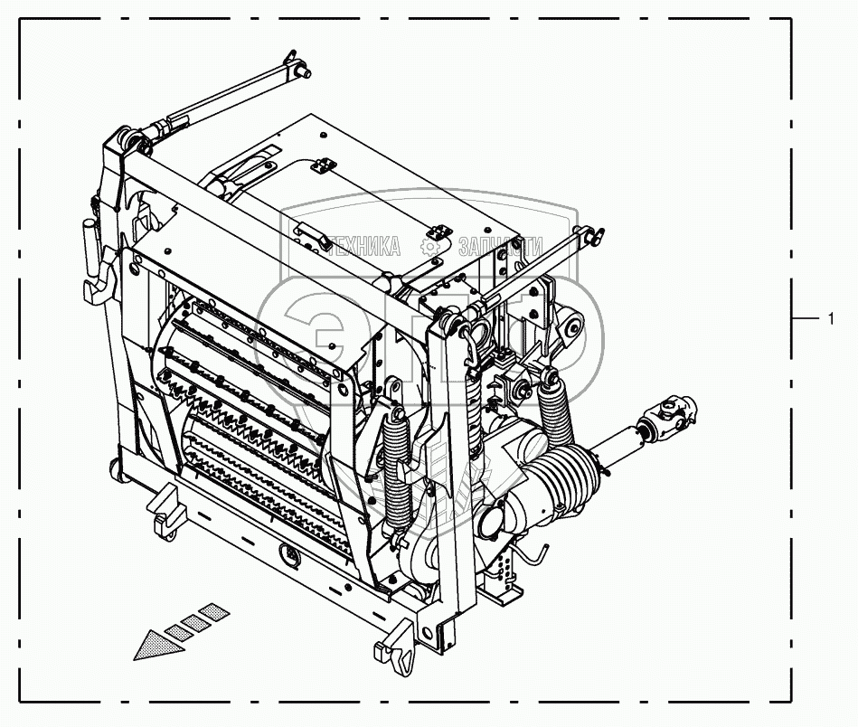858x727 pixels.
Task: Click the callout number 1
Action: [830, 318]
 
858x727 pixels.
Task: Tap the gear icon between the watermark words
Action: [434, 245]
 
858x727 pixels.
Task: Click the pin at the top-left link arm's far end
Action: [299, 61]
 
